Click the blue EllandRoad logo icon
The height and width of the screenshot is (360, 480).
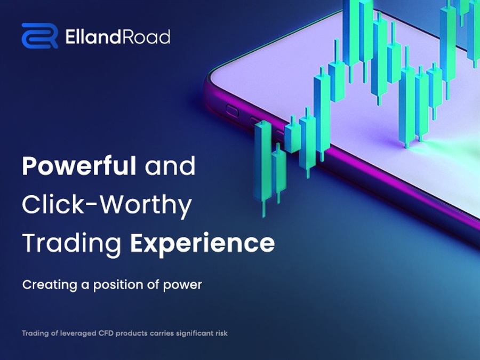pos(40,36)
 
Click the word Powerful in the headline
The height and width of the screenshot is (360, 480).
pos(79,166)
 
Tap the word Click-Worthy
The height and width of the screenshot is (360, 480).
pos(107,205)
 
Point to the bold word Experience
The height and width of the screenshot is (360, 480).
pos(202,243)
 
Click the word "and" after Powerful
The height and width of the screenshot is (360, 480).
pos(170,166)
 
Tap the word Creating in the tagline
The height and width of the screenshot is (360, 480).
pos(50,285)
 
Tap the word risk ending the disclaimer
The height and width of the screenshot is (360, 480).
pos(222,333)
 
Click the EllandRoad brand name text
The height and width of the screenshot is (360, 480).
pos(117,37)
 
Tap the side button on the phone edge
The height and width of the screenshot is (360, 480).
pos(232,111)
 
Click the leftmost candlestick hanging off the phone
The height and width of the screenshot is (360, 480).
pos(263,165)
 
